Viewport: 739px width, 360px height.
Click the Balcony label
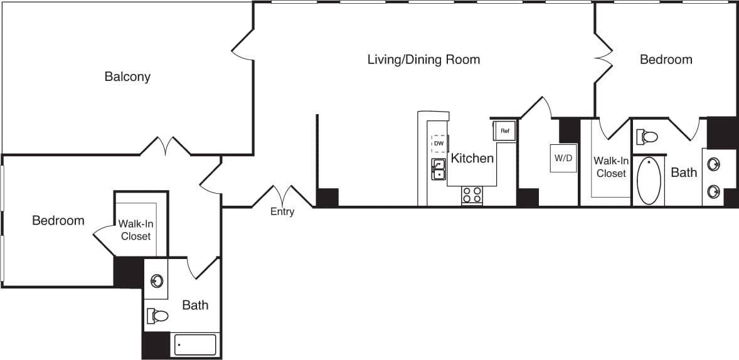(x=127, y=77)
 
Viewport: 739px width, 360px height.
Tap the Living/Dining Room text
(x=423, y=60)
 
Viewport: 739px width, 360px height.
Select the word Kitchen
(x=472, y=158)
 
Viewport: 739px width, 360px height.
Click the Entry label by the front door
(x=282, y=211)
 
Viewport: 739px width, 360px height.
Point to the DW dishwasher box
(x=439, y=144)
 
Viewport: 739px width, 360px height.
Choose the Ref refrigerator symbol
(x=504, y=131)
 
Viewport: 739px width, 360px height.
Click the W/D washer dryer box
(x=563, y=158)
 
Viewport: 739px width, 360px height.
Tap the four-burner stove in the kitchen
(x=472, y=195)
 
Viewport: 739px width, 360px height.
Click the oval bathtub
(x=649, y=181)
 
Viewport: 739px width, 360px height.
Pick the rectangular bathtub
(x=195, y=344)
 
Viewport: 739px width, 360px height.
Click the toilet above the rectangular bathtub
(x=158, y=315)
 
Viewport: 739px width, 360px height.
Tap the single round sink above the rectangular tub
(x=156, y=280)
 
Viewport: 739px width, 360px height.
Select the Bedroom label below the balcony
(x=58, y=221)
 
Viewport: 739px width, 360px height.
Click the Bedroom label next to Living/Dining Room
(x=666, y=60)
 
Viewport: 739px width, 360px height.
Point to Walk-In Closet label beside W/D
(x=611, y=167)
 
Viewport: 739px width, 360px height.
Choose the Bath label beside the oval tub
(x=684, y=172)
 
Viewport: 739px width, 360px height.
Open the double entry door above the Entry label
(x=282, y=196)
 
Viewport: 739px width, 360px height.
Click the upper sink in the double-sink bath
(x=713, y=165)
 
